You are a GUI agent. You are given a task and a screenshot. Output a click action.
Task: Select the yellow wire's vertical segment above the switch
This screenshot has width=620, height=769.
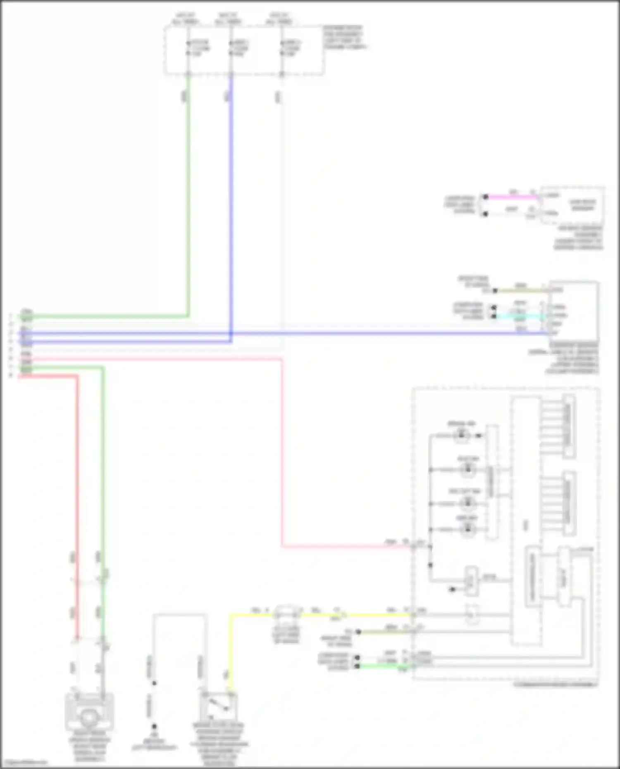pos(230,653)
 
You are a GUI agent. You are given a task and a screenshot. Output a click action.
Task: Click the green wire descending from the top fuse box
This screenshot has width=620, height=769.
pos(188,186)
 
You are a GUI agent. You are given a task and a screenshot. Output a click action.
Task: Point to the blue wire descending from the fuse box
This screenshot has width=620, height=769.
pos(231,186)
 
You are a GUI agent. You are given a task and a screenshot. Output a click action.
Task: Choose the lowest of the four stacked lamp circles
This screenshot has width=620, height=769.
pos(467,529)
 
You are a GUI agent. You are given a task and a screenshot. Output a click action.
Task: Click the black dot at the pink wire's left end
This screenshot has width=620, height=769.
pos(486,197)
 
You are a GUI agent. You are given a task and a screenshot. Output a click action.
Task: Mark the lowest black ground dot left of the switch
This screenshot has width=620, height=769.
pos(154,726)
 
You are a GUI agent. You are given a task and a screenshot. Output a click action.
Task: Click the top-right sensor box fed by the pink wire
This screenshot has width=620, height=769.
pos(572,205)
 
